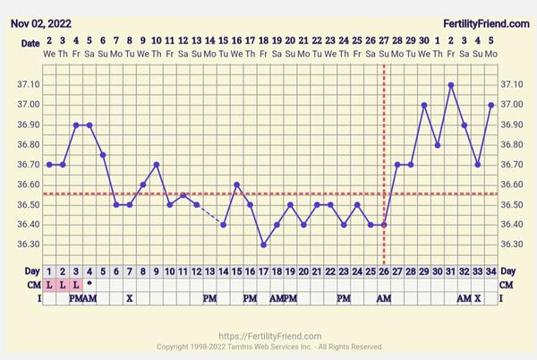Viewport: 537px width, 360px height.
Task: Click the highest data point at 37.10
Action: tap(451, 85)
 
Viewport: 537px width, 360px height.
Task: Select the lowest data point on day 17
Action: tap(263, 244)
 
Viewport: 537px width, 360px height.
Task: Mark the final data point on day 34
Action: tap(491, 105)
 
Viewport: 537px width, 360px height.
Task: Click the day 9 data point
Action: tap(156, 165)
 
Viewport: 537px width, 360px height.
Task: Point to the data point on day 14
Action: tap(223, 225)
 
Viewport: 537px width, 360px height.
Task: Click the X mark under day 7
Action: tap(129, 297)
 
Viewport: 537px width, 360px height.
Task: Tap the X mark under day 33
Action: tap(478, 297)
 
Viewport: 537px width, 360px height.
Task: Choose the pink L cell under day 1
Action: tap(49, 284)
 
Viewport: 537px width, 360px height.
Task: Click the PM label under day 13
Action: tap(209, 297)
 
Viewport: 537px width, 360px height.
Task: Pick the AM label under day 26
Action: tap(384, 297)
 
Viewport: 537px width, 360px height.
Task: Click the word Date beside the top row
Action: tap(30, 41)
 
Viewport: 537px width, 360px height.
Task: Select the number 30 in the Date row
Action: tap(424, 41)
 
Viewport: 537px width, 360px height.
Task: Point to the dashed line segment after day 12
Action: tap(209, 215)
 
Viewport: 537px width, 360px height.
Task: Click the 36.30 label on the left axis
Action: tap(30, 244)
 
